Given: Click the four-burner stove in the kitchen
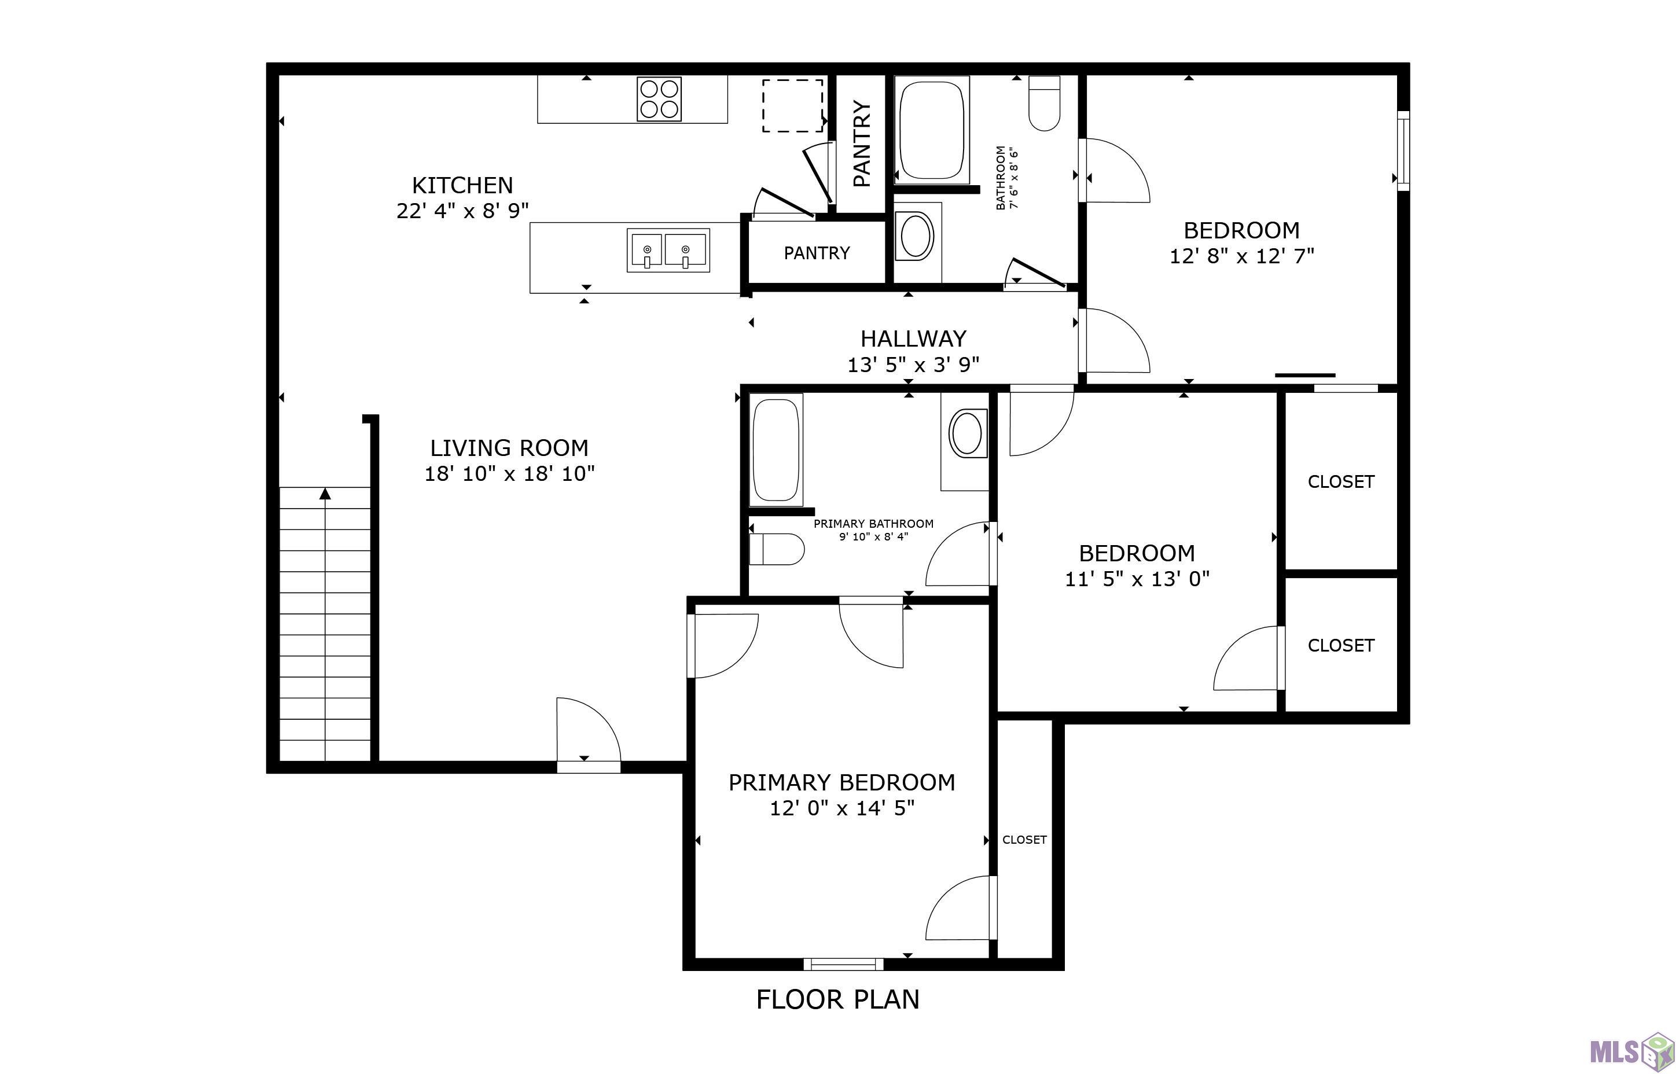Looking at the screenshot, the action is click(659, 98).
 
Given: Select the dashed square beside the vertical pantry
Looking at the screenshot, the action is click(792, 105).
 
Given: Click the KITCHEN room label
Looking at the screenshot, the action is click(462, 186).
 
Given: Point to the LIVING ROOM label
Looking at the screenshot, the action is click(509, 448).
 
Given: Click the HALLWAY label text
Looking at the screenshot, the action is click(913, 339).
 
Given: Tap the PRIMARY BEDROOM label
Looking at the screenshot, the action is click(842, 782).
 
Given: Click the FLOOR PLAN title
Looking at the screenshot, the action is click(837, 999).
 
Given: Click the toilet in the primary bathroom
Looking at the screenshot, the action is click(776, 550).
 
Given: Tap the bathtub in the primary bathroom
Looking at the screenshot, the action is click(775, 450).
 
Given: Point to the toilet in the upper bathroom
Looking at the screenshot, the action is click(1044, 103).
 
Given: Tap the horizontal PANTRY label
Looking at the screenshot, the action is click(817, 252).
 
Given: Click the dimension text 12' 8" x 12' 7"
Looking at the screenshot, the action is click(1241, 256).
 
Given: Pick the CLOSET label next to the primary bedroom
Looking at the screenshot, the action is click(1024, 840).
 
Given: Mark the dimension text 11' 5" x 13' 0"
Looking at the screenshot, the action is click(1137, 579).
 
